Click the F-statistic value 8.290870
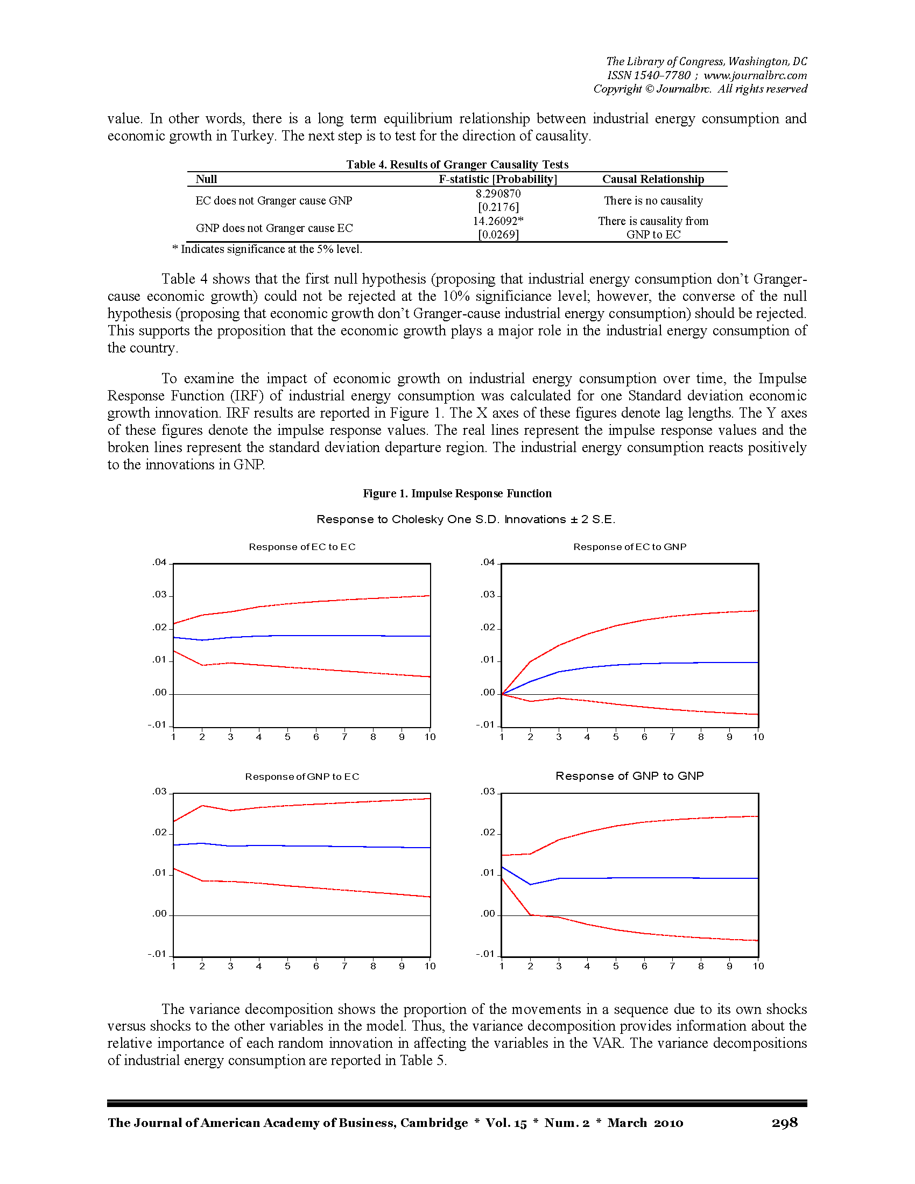tap(498, 194)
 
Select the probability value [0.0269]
tap(498, 235)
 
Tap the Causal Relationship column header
tap(653, 179)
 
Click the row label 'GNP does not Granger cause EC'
tap(274, 228)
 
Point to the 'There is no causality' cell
tap(653, 201)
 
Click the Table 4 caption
tap(457, 164)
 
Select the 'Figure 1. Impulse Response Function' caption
tap(457, 494)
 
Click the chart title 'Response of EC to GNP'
tap(629, 547)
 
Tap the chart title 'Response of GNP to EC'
tap(302, 777)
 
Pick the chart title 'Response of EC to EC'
tap(302, 547)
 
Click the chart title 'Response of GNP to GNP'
tap(629, 776)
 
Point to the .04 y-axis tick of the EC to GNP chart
tap(488, 563)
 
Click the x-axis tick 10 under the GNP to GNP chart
tap(758, 966)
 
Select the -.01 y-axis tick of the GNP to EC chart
tap(158, 954)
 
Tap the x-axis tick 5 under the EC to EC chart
tap(287, 737)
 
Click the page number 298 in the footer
tap(784, 1122)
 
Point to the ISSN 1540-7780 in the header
tap(649, 75)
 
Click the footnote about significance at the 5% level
tap(268, 249)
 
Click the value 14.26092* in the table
tap(498, 221)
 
